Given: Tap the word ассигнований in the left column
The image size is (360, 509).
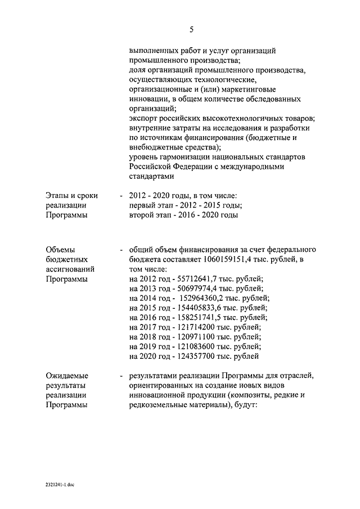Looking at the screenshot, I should click(70, 269).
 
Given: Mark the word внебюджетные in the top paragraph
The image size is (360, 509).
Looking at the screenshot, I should click(154, 147).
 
